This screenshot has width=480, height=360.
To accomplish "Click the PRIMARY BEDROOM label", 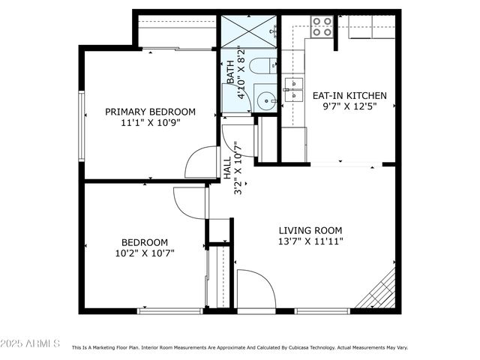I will click(150, 112).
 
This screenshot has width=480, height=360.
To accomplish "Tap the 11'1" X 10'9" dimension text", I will click(150, 122).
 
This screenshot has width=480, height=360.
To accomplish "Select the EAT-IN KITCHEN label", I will click(349, 95).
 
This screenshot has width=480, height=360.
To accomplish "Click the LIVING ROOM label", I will click(310, 230).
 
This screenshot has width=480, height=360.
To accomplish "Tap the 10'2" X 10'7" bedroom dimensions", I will click(145, 253).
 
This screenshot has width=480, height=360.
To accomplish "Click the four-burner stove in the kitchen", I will click(322, 26).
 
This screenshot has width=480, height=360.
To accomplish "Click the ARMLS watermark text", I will click(31, 343).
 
